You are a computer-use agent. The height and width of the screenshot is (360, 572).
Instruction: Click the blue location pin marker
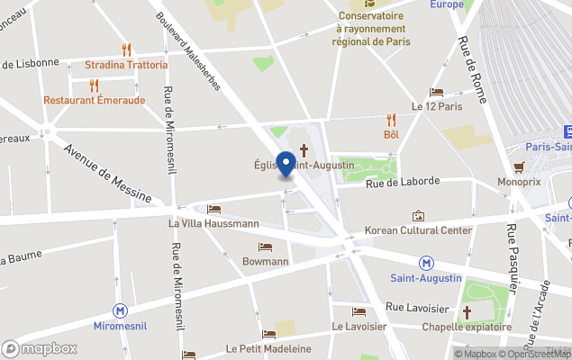(x=286, y=164)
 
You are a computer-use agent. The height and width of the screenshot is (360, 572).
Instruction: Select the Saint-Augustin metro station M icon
(x=427, y=263)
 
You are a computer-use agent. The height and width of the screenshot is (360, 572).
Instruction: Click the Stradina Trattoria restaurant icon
(x=126, y=49)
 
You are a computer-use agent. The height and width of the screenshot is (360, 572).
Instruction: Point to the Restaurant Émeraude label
(x=94, y=100)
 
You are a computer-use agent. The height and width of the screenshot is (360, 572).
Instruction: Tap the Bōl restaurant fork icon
(x=391, y=119)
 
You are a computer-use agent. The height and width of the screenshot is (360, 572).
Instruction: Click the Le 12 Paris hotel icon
(x=436, y=92)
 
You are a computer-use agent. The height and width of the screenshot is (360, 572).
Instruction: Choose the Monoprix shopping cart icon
(x=519, y=166)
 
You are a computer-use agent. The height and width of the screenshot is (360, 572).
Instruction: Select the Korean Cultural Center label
(x=418, y=230)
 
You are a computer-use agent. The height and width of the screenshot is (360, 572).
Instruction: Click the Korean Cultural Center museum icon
(x=418, y=216)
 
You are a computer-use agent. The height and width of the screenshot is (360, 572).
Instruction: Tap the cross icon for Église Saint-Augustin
(x=304, y=149)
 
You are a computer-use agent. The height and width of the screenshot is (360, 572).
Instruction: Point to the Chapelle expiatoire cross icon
(x=467, y=311)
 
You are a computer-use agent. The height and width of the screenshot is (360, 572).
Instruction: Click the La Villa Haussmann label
(x=213, y=223)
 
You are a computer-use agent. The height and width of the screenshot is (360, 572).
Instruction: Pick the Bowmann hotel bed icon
(x=265, y=247)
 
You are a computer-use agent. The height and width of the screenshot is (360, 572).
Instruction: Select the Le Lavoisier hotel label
(x=359, y=326)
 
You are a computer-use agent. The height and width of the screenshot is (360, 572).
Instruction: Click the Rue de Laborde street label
(x=402, y=181)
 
